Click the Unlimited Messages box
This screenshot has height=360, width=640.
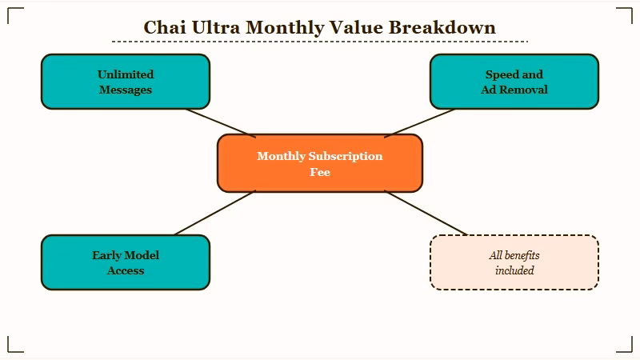pyautogui.click(x=126, y=82)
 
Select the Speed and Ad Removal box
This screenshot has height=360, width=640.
pyautogui.click(x=514, y=82)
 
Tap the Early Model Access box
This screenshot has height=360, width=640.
pyautogui.click(x=126, y=262)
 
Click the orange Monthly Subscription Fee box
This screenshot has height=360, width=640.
pyautogui.click(x=319, y=163)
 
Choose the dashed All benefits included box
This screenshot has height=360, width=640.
pyautogui.click(x=514, y=262)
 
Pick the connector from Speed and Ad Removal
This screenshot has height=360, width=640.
pyautogui.click(x=419, y=122)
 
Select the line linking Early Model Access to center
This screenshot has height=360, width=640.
pyautogui.click(x=214, y=213)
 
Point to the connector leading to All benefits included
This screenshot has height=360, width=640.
pyautogui.click(x=426, y=213)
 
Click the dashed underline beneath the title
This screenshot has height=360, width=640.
pyautogui.click(x=319, y=42)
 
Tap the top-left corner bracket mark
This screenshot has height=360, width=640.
pyautogui.click(x=10, y=10)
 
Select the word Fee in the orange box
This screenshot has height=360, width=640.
pyautogui.click(x=319, y=171)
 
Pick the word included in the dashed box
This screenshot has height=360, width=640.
pyautogui.click(x=514, y=270)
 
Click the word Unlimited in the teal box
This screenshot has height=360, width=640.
pyautogui.click(x=126, y=74)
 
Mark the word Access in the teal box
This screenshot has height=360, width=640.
pyautogui.click(x=126, y=270)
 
